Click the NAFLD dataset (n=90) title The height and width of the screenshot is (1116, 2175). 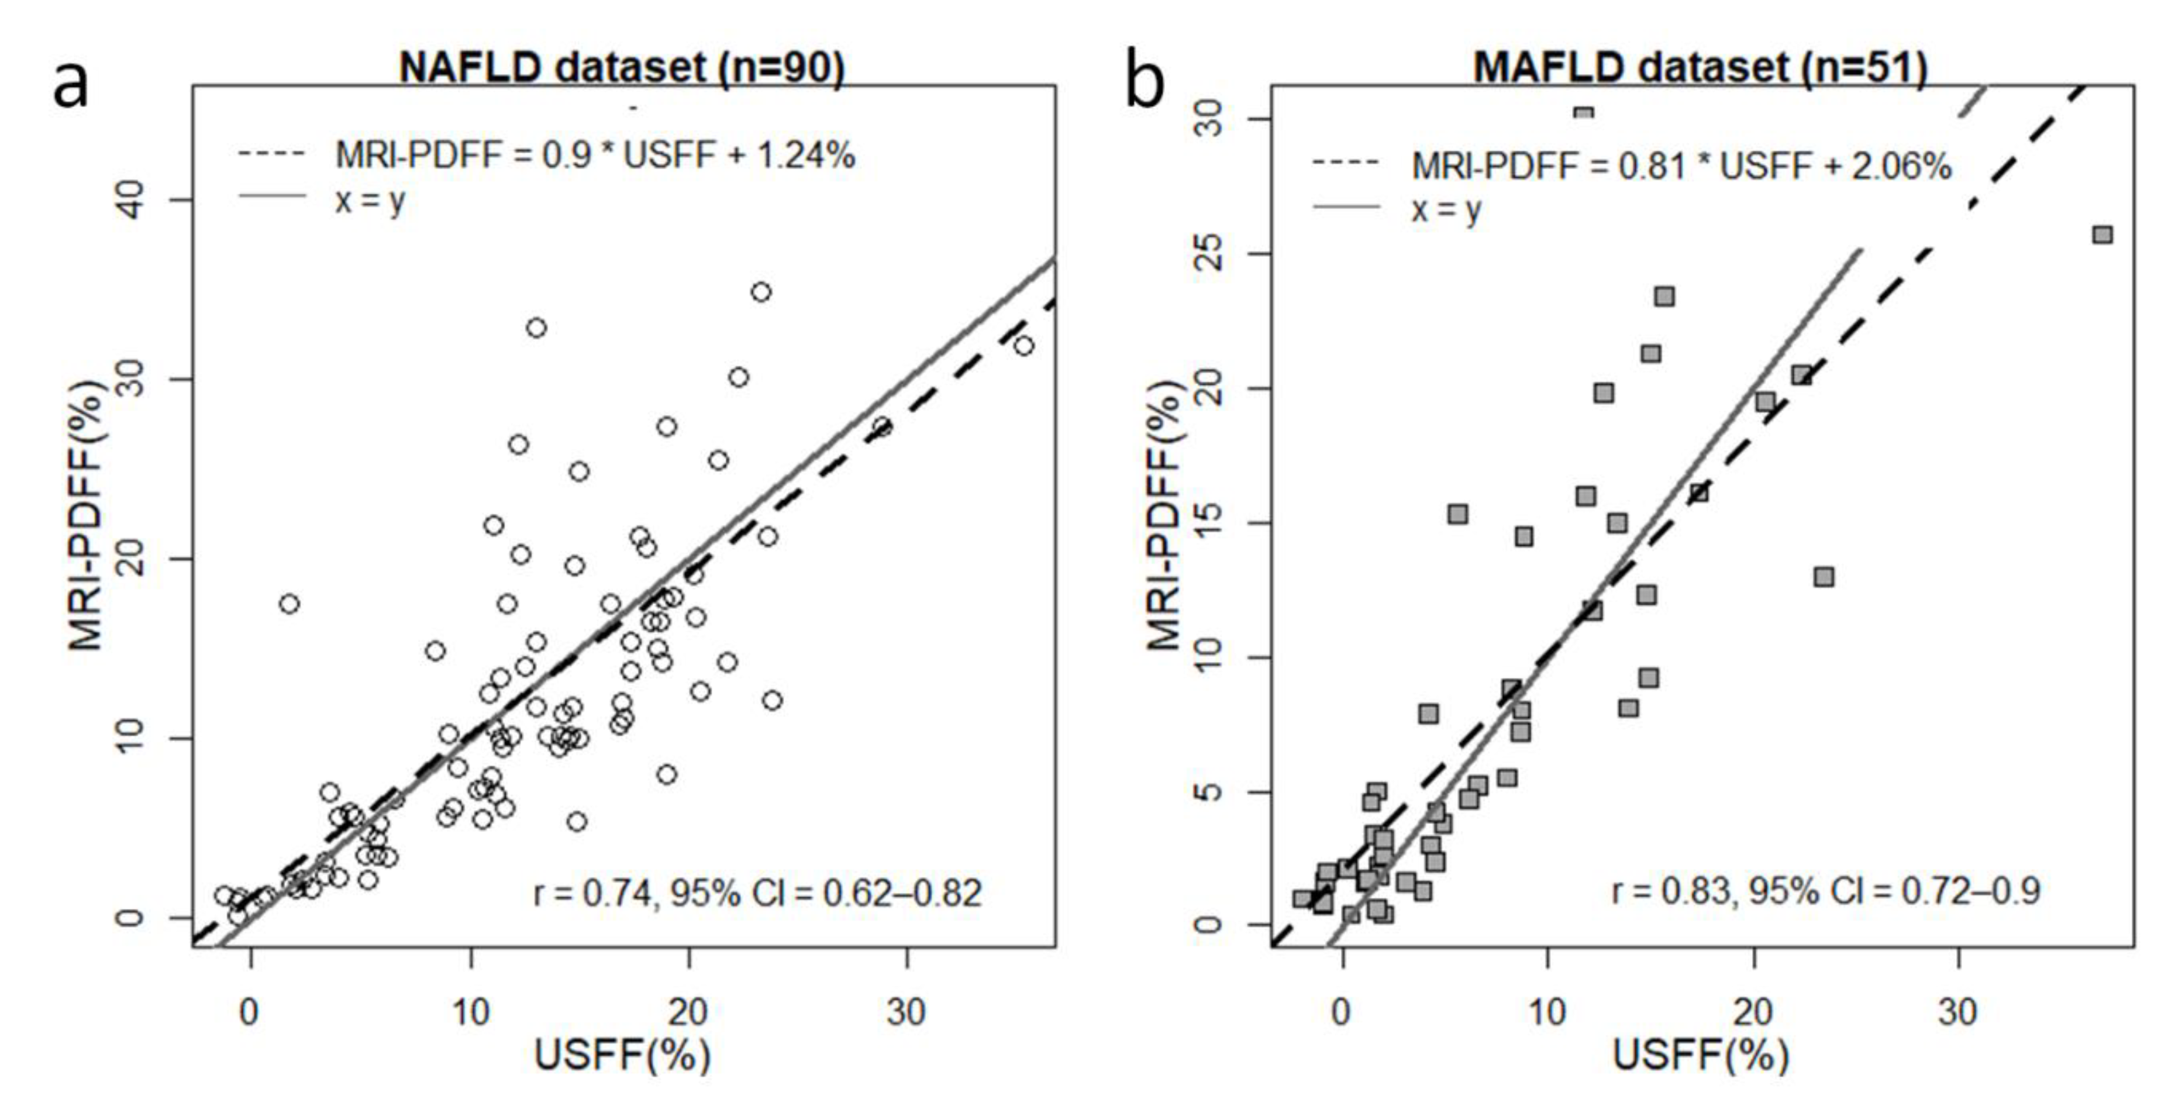click(x=622, y=67)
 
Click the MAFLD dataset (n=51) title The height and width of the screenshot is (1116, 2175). click(x=1701, y=67)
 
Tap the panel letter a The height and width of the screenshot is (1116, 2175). click(x=70, y=84)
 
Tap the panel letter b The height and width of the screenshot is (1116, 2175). click(x=1145, y=84)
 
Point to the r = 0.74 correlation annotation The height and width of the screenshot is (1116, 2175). click(x=757, y=893)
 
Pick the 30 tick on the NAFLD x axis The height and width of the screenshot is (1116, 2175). click(x=907, y=1011)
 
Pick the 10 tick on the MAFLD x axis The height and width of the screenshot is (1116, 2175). click(x=1547, y=1011)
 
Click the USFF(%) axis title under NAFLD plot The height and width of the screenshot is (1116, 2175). click(x=622, y=1055)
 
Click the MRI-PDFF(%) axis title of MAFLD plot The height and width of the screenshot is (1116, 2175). click(x=1164, y=515)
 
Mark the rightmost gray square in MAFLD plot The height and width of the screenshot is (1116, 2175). click(x=2102, y=235)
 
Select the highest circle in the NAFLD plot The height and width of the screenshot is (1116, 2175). click(x=761, y=292)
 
